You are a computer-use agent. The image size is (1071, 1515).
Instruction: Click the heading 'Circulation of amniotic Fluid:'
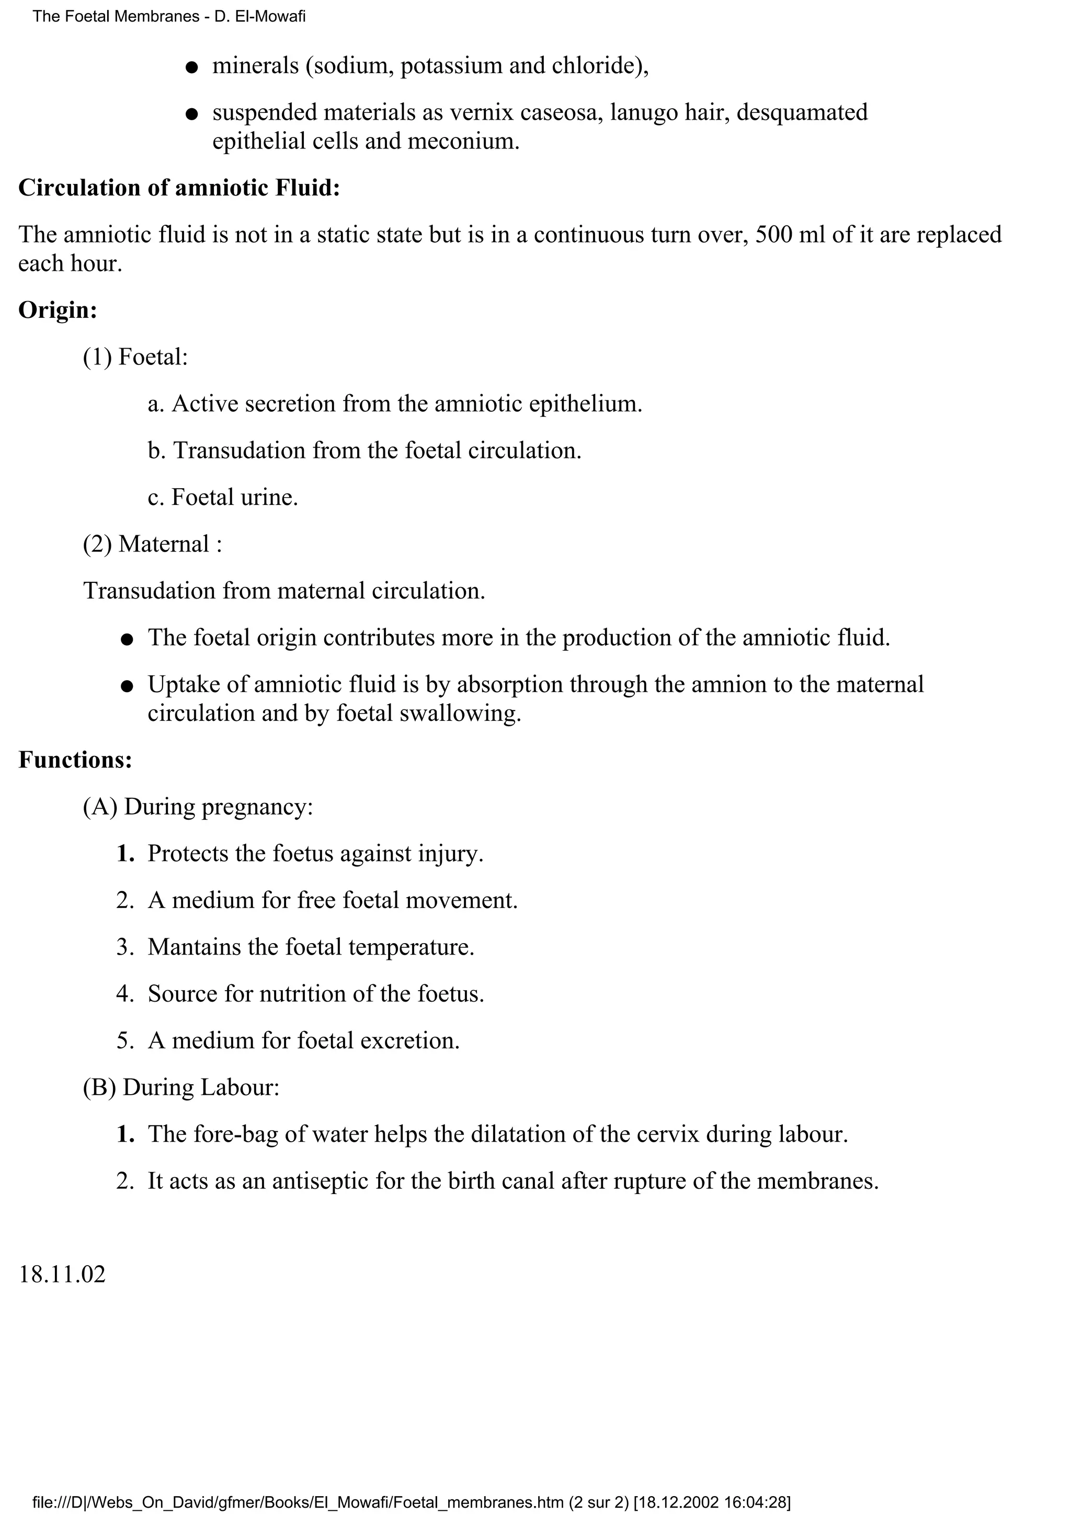click(179, 188)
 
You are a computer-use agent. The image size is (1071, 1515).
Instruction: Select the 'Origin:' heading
click(58, 310)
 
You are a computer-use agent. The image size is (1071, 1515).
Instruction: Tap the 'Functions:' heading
click(75, 760)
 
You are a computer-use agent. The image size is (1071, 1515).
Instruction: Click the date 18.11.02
click(62, 1274)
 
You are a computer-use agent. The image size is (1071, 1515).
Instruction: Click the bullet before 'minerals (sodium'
click(191, 68)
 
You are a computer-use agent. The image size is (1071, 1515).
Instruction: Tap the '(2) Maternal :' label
click(152, 544)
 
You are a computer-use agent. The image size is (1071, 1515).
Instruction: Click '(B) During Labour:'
click(181, 1087)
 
